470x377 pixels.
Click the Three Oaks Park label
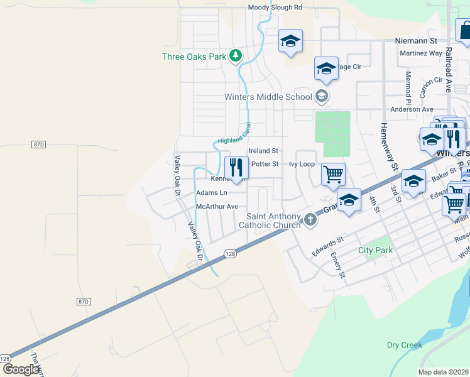(x=194, y=57)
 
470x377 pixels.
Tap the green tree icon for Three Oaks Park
(x=236, y=57)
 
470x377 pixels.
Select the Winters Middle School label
(x=268, y=97)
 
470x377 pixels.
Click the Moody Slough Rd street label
(x=275, y=8)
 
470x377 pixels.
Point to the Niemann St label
(x=415, y=40)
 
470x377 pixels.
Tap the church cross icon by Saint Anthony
(x=310, y=219)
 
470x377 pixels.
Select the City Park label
(x=375, y=250)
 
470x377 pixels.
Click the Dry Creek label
(x=404, y=345)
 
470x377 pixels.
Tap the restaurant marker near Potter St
(x=236, y=168)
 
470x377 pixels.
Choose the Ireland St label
(x=263, y=151)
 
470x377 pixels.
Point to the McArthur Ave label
(x=217, y=206)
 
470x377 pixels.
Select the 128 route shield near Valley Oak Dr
(x=230, y=253)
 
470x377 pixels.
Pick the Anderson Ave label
(x=412, y=109)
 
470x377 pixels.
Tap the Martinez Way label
(x=420, y=53)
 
